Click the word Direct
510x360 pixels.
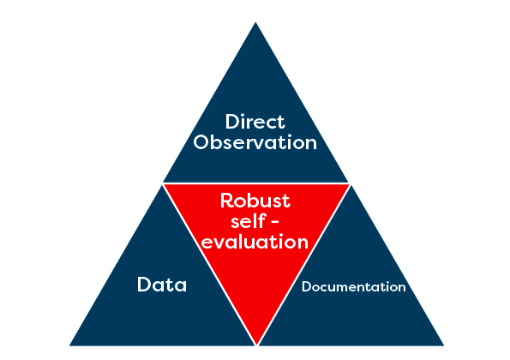[x=255, y=122]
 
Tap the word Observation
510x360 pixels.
[x=255, y=142]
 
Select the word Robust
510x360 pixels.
[x=255, y=201]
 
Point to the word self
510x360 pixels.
[x=248, y=221]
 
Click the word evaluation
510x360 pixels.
[x=255, y=242]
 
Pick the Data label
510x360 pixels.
[x=162, y=285]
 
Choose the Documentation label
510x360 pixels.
[x=353, y=287]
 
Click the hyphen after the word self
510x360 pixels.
[x=275, y=223]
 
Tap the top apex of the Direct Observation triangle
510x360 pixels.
[x=255, y=22]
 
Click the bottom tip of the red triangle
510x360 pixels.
[x=257, y=345]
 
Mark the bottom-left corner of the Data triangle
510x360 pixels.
[x=70, y=345]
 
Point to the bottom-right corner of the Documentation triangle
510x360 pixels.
[x=443, y=345]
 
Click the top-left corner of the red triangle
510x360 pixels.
[x=165, y=185]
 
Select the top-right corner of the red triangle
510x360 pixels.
[x=349, y=185]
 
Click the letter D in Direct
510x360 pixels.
[x=232, y=122]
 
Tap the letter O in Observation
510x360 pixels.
[x=201, y=142]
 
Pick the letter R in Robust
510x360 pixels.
[x=226, y=201]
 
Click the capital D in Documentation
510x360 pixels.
[x=307, y=287]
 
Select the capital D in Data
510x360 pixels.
[x=144, y=285]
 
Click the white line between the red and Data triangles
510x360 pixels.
[x=209, y=265]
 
